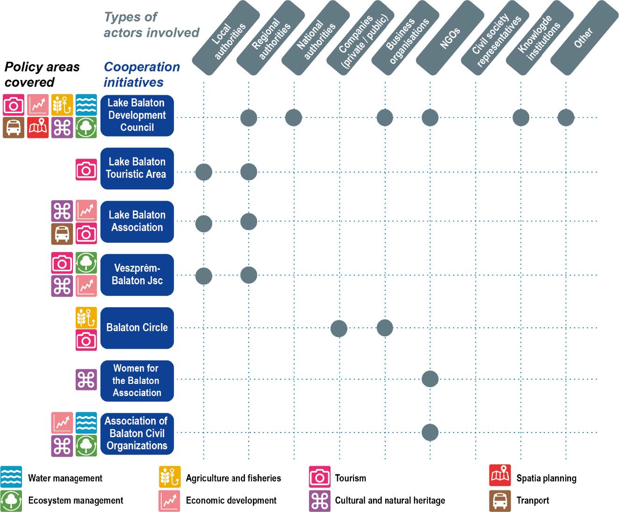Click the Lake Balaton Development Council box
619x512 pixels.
137,115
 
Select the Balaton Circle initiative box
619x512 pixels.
137,328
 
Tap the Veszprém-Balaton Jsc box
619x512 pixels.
137,274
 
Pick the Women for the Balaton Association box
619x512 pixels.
137,381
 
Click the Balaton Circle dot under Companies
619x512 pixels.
339,328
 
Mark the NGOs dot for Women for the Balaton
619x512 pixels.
430,379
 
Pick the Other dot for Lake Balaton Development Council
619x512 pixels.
566,118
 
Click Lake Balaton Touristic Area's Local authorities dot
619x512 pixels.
204,172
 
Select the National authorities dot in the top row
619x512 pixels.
294,118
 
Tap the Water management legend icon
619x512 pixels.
11,477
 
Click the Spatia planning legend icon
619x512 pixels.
500,476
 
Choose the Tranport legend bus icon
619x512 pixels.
500,501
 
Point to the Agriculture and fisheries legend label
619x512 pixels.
233,478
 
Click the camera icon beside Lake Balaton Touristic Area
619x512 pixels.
86,169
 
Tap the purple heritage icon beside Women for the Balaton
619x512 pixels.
86,380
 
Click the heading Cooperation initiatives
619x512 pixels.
141,74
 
